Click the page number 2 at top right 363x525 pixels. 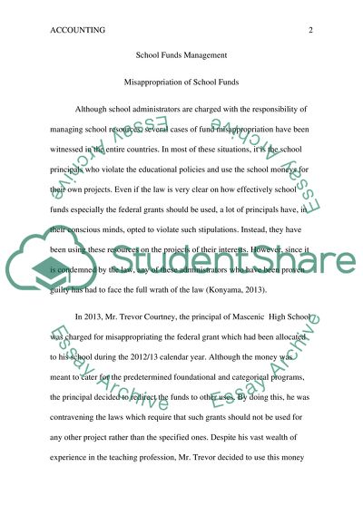point(310,30)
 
